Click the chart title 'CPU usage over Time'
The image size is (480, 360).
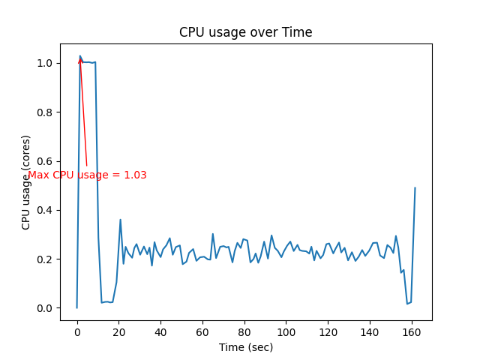245,33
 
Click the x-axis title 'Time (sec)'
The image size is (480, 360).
246,347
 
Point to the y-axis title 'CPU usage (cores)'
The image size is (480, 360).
26,182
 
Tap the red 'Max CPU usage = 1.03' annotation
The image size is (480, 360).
87,175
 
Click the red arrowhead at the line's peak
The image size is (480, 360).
80,59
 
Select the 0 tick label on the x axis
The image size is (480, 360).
77,332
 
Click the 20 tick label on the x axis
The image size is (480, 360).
118,332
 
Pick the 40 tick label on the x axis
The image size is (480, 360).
160,332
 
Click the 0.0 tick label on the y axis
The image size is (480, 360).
46,308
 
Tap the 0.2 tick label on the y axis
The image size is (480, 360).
46,259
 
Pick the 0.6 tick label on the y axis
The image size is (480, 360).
46,161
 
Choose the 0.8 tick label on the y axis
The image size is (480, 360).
46,112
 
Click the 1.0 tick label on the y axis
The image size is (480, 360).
46,64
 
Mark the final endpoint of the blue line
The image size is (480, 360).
415,188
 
